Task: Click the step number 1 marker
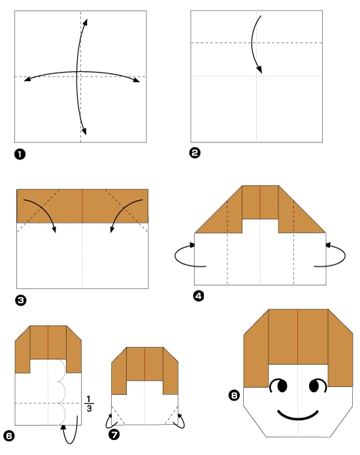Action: tap(20, 154)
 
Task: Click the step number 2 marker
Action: tap(195, 153)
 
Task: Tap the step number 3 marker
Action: tap(20, 300)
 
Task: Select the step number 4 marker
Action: tap(199, 296)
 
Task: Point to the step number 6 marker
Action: tap(8, 435)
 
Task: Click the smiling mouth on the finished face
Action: tap(299, 414)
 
